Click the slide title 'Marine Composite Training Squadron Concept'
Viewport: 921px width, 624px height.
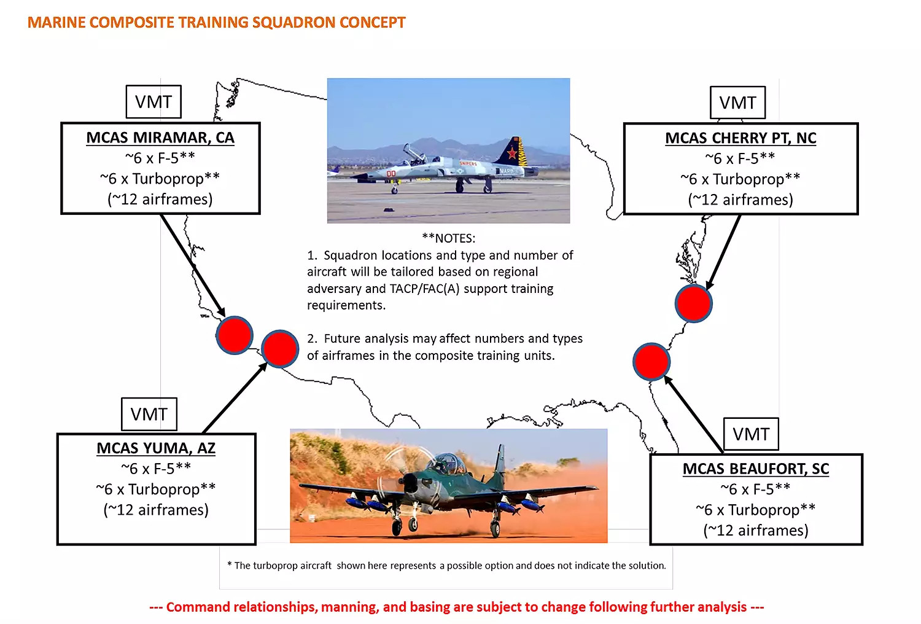coord(216,23)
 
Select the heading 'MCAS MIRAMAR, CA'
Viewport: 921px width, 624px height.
coord(160,138)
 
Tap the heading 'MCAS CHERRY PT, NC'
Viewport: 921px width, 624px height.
coord(740,138)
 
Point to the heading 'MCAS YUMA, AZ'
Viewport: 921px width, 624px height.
coord(156,448)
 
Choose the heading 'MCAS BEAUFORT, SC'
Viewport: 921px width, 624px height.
coord(756,469)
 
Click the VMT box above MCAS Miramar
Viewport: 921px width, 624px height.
coord(153,102)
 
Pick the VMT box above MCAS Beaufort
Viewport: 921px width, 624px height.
coord(751,435)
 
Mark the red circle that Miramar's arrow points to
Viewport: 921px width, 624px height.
coord(235,335)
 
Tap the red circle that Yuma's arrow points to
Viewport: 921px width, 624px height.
coord(280,348)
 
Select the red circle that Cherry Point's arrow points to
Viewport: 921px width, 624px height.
coord(693,303)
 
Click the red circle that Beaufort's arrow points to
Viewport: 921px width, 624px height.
coord(651,362)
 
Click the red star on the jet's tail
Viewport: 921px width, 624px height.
coord(512,153)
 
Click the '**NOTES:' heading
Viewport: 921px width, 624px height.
coord(448,238)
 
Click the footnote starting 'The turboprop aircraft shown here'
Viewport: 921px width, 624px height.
coord(446,566)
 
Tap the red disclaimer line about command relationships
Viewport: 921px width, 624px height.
coord(456,607)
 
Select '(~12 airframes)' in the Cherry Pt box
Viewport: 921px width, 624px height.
coord(740,200)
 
